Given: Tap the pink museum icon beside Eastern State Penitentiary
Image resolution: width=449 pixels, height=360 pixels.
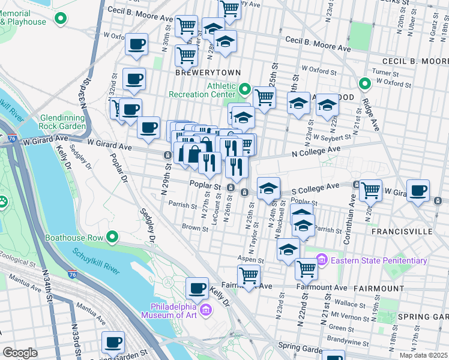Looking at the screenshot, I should (322, 260).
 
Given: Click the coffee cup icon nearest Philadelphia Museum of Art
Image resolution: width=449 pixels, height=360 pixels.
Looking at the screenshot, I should (197, 289).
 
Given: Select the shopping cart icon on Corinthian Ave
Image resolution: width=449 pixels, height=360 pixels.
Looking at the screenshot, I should (371, 190).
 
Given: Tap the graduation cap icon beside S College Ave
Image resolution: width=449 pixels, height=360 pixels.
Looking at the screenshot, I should (269, 188).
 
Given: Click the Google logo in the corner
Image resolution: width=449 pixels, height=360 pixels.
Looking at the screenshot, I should (20, 353).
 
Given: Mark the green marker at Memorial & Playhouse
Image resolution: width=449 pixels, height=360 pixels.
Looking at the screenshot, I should (59, 19).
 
